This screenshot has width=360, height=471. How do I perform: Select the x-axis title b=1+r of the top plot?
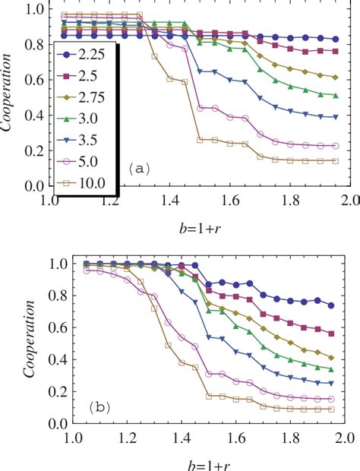[193, 226]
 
